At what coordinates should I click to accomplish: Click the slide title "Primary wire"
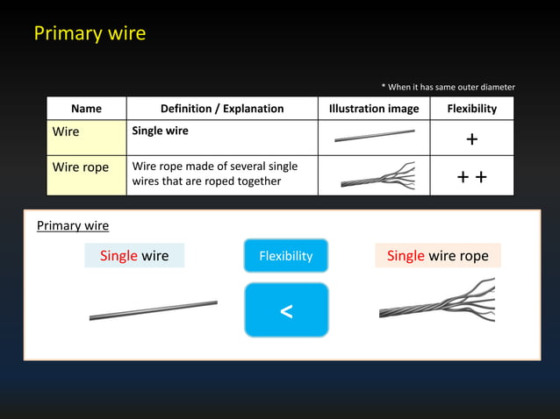90,33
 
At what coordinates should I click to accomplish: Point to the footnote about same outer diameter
448,87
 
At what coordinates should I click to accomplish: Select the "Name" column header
86,109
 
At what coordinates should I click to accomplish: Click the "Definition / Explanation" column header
222,109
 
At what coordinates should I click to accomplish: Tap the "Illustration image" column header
373,109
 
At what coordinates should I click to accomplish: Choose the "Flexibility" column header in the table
471,109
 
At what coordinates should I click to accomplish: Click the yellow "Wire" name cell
86,138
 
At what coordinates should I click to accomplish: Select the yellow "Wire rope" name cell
86,175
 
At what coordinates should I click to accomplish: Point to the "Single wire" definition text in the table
160,131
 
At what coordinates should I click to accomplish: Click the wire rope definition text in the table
214,174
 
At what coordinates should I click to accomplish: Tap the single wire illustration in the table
374,136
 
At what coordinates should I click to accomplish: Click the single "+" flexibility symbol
471,140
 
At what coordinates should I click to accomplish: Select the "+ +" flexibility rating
471,178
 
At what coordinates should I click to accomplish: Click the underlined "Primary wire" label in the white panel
73,226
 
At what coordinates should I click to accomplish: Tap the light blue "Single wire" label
134,256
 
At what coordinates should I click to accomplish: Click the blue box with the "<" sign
286,310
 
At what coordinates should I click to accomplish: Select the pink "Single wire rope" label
437,256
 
